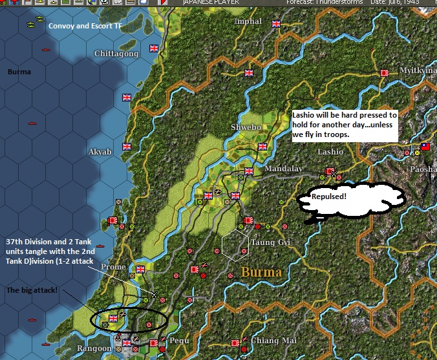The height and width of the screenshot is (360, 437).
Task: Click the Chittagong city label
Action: point(116,54)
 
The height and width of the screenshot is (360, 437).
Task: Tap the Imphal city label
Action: point(248,21)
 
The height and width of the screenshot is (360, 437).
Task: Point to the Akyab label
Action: point(100,152)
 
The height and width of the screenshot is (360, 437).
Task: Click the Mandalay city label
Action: point(283,169)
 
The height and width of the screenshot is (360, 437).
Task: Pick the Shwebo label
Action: point(246,127)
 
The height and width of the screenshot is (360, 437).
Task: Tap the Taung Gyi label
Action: point(271,243)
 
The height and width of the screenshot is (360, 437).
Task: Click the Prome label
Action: point(113,267)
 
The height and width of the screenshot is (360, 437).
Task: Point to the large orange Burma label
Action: point(261,272)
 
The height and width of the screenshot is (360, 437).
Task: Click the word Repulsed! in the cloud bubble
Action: point(329,196)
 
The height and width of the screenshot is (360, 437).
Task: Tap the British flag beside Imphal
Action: point(277,24)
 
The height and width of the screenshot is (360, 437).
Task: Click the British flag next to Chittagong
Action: point(155,48)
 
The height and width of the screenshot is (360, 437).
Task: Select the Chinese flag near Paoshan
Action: point(425,147)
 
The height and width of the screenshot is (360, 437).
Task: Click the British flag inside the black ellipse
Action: point(114,318)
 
